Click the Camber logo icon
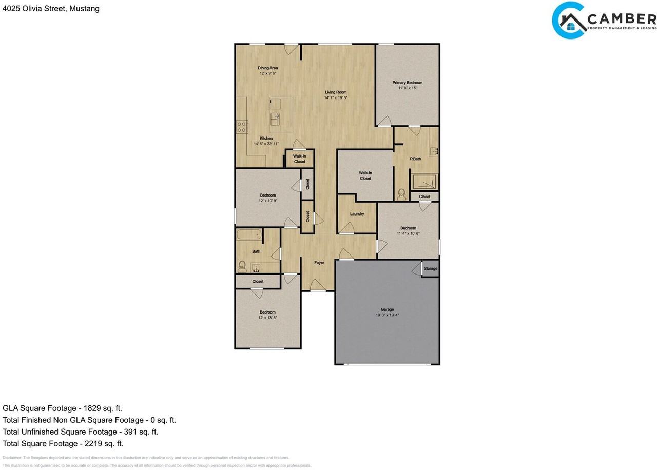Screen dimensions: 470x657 click(x=569, y=21)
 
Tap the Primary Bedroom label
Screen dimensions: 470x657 click(x=408, y=82)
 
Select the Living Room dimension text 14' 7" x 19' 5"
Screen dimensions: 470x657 click(x=336, y=97)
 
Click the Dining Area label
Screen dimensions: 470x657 click(x=267, y=68)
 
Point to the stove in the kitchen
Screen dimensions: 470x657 click(x=242, y=127)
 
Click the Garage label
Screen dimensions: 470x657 click(x=387, y=309)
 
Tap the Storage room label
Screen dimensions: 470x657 click(x=431, y=269)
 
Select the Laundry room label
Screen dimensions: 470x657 click(x=357, y=214)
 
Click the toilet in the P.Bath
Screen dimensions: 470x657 click(x=401, y=194)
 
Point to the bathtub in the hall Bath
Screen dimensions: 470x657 click(x=249, y=236)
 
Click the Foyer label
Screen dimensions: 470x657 click(x=319, y=263)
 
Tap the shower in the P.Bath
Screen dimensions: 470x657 click(x=424, y=182)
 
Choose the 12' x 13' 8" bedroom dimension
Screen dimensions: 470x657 click(x=267, y=318)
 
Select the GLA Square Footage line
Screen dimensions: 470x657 click(x=62, y=408)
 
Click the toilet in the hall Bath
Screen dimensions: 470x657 click(x=242, y=265)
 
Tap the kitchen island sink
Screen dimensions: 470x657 click(x=275, y=118)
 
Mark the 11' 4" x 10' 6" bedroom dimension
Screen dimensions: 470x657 click(x=408, y=233)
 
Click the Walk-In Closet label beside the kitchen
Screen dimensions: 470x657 click(x=299, y=159)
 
